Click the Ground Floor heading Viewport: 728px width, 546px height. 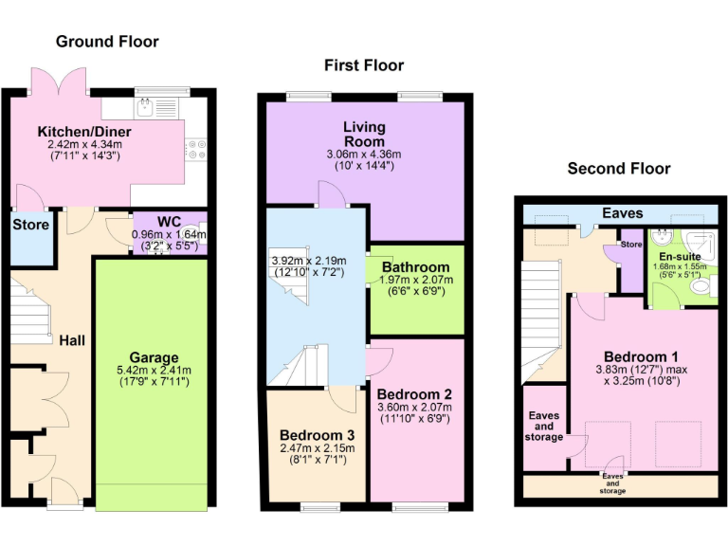(107, 41)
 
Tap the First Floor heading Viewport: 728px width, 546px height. (364, 65)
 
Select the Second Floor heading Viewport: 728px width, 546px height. (618, 169)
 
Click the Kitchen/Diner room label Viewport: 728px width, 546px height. (84, 131)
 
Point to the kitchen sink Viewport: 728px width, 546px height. (148, 105)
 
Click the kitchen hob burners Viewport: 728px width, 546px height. (196, 150)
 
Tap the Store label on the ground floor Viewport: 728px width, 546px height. (30, 226)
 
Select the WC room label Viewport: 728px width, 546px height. (169, 222)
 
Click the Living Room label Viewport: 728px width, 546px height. (364, 134)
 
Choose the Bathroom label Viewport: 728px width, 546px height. (415, 267)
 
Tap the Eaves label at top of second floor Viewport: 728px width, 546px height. (623, 213)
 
